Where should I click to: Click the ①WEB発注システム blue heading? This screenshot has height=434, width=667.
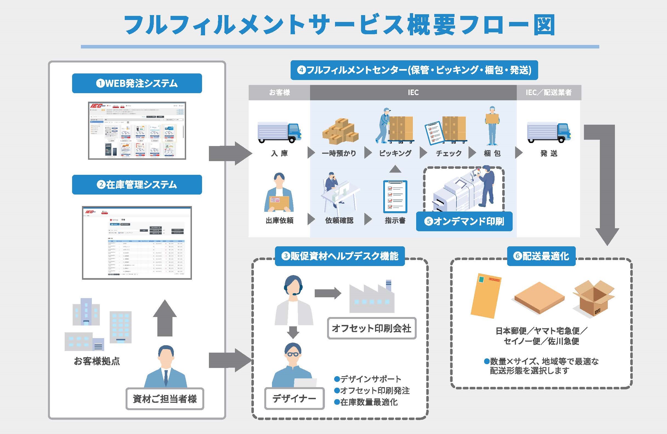137,83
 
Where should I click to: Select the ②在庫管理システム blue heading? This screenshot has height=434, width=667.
137,185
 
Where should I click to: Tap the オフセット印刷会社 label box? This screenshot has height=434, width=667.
372,328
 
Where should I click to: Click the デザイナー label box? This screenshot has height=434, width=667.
294,398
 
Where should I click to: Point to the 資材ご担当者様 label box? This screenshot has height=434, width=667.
165,399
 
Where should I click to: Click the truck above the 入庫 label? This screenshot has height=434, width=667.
279,132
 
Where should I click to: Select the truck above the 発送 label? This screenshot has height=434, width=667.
549,132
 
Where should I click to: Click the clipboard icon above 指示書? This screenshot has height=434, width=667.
395,197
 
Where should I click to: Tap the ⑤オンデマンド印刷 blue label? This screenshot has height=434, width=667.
464,221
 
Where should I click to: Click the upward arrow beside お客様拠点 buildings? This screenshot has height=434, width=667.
165,318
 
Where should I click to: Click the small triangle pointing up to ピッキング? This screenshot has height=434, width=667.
395,169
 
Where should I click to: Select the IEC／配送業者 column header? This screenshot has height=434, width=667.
549,92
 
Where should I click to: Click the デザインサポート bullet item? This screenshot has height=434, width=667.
368,379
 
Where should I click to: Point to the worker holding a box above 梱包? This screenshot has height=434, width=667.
492,125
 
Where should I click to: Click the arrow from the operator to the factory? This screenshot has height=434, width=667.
327,293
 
